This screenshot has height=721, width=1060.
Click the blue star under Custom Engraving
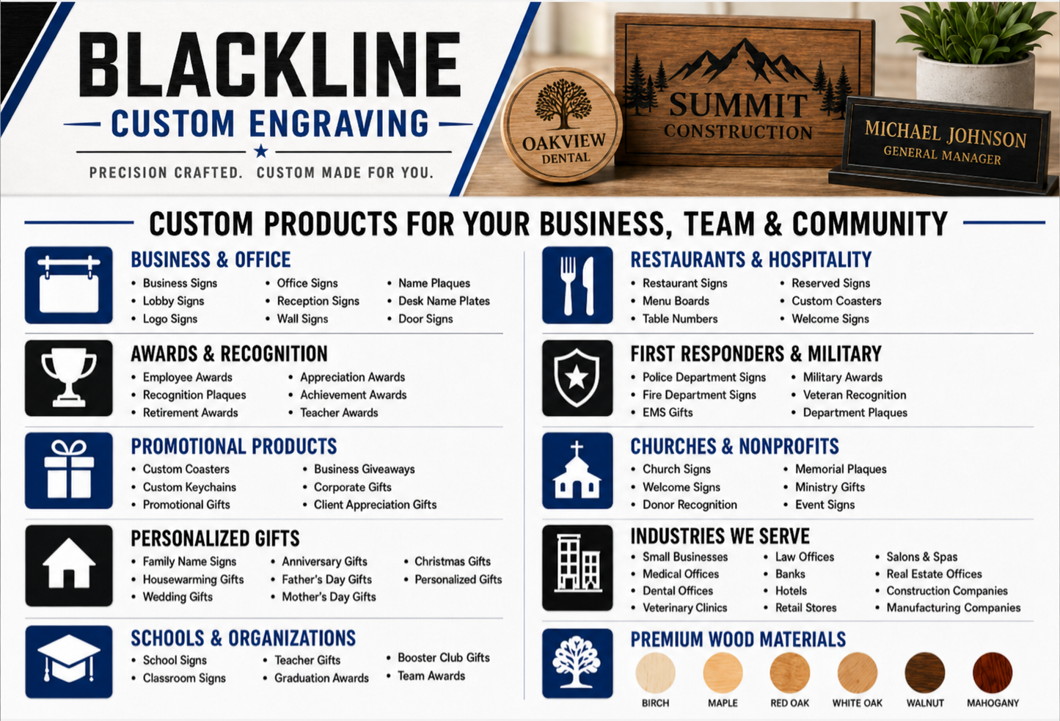pyautogui.click(x=260, y=151)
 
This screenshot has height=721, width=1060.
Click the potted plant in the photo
pyautogui.click(x=974, y=52)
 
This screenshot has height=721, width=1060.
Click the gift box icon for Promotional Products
pyautogui.click(x=69, y=471)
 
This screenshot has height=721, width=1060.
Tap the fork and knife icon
pyautogui.click(x=577, y=285)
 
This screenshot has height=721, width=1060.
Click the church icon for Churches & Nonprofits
pyautogui.click(x=577, y=471)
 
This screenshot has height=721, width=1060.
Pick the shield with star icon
pyautogui.click(x=577, y=378)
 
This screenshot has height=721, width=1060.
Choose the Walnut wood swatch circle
pyautogui.click(x=925, y=673)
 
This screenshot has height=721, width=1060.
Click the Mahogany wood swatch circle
pyautogui.click(x=993, y=673)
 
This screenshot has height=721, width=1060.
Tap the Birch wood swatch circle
pyautogui.click(x=655, y=673)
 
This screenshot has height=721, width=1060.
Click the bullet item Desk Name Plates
pyautogui.click(x=444, y=301)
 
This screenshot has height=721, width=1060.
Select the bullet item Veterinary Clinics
pyautogui.click(x=684, y=607)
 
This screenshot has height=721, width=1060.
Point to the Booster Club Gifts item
pyautogui.click(x=443, y=658)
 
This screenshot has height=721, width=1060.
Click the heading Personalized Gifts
pyautogui.click(x=216, y=538)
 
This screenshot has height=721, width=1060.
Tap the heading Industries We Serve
pyautogui.click(x=720, y=536)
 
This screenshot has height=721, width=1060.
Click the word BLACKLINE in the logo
pyautogui.click(x=269, y=65)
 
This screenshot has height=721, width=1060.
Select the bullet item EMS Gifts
pyautogui.click(x=668, y=412)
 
